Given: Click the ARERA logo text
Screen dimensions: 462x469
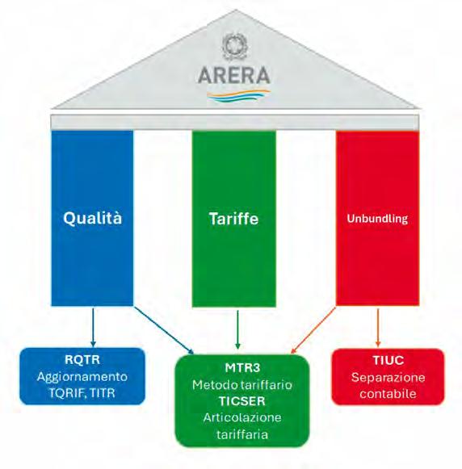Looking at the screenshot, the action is coord(234,75).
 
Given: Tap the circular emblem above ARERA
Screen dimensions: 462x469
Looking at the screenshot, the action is coord(235,46).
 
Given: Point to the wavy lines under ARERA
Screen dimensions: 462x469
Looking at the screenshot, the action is coord(238,96).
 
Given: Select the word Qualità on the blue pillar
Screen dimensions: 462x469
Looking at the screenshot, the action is coord(92,218).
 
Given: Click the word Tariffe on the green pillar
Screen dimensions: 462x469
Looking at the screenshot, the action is coord(233,218).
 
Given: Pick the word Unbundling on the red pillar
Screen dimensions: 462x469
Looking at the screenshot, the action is coord(377,219).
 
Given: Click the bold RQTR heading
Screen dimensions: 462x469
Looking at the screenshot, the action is coord(82,359).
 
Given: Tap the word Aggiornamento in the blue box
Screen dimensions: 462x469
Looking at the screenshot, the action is coord(82,377).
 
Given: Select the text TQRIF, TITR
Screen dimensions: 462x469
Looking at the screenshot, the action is coord(82,393).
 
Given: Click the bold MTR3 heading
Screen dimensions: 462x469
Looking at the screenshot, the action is coord(242,367).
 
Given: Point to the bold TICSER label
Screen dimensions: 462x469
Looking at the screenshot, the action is coord(242,401).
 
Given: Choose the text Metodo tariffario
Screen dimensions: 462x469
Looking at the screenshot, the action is coord(242,385).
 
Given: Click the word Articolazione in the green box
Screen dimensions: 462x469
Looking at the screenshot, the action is coord(242,417).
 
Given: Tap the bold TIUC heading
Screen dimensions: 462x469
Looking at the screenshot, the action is coord(388,360).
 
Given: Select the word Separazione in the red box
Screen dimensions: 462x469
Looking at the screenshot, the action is coord(388,378).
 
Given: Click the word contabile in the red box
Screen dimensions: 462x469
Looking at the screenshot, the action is coord(388,394).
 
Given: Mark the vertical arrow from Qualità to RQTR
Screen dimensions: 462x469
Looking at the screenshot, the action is coord(93,327).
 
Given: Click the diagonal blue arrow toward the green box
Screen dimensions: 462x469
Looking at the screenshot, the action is coord(164,330).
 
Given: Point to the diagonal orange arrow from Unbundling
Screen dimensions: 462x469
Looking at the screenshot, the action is coord(313,330).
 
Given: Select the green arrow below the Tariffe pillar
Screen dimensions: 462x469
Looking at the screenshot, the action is coord(238,329).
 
